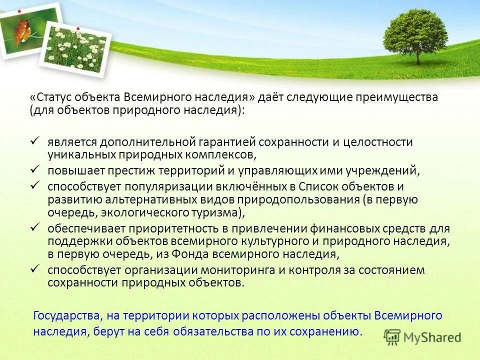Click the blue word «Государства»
66,316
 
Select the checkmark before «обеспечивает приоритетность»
35,227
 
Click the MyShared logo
422,337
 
